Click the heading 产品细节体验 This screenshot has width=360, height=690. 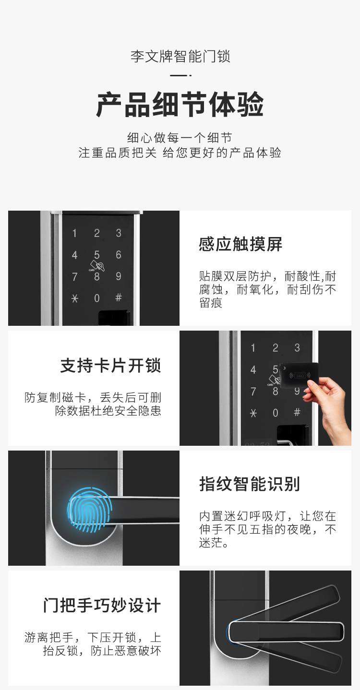coord(180,105)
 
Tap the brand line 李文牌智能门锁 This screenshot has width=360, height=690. coord(180,57)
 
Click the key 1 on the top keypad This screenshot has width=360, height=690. coord(74,233)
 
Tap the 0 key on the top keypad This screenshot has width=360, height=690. coord(97,298)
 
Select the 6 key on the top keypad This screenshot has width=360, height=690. coord(119,255)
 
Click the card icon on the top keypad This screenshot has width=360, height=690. coord(97,265)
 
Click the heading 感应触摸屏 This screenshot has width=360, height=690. coord(240,244)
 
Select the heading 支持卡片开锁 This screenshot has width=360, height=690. coord(111,366)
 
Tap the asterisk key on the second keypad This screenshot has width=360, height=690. coord(253,413)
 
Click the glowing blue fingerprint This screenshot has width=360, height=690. coord(89,510)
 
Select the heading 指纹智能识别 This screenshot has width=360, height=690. coord(249,484)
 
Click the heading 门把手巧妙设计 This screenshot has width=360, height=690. coord(102,605)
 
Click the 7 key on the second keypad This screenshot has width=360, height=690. coord(253,391)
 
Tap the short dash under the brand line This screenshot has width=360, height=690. coord(180,75)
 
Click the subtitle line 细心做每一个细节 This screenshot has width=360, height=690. coord(180,138)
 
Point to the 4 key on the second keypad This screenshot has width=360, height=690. coord(253,369)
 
